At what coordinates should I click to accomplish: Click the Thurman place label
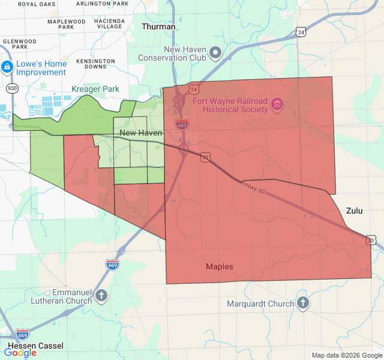coord(158,27)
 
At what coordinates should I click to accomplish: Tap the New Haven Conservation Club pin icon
coord(216,53)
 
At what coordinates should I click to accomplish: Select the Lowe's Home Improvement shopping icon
coord(7,67)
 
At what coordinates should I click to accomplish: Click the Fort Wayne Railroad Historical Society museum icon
coord(277,105)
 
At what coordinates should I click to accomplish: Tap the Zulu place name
coord(355,211)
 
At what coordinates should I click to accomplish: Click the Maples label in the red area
coord(220,266)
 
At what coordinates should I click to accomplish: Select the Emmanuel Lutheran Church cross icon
coord(101,295)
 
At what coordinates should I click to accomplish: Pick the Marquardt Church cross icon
coord(303,303)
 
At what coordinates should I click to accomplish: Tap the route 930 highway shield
coord(11,88)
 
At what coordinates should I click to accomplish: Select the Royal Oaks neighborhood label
coord(37,4)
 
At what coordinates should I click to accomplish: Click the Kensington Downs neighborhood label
coord(95,64)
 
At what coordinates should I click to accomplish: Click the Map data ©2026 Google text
coord(346,355)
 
